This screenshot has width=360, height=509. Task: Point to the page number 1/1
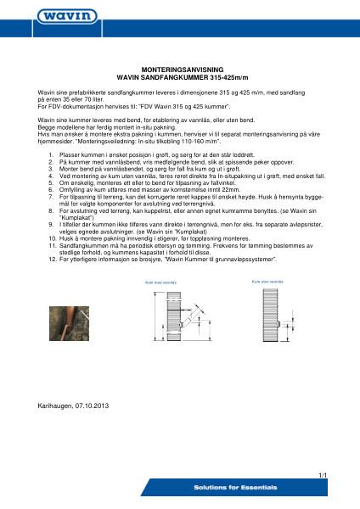tap(323, 477)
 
